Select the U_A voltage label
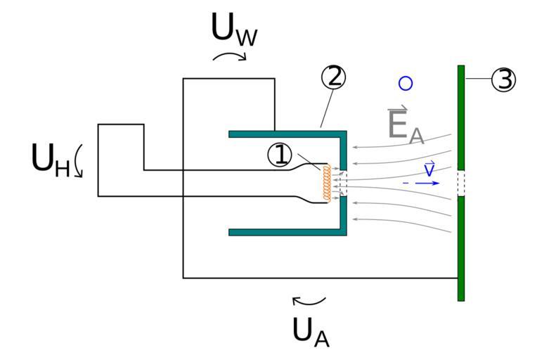pos(310,330)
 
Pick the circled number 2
pos(333,77)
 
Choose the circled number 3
pos(503,79)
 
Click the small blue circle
pos(405,83)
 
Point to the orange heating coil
pos(327,184)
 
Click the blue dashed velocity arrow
pos(422,183)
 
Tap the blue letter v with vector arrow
pos(429,169)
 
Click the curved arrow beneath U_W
pos(229,56)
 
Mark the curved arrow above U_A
pos(309,302)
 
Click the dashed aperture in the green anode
pos(461,183)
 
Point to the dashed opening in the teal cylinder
pos(344,184)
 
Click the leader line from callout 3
pos(477,79)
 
